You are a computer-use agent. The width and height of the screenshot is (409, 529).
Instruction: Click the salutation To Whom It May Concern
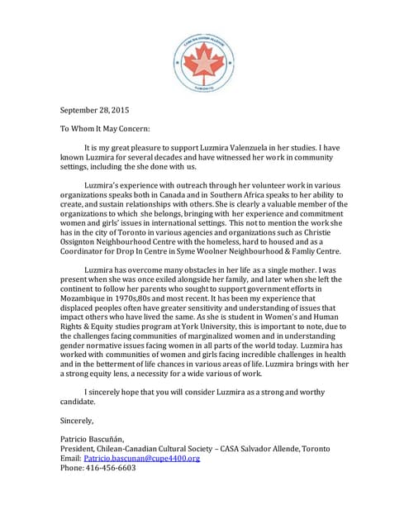click(x=105, y=129)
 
